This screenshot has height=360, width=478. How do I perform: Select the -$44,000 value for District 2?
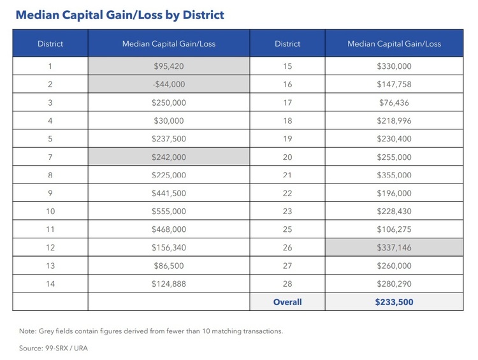[169, 84]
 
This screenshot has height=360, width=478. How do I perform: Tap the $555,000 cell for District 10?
[169, 211]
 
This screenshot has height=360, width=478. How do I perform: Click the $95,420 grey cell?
[169, 66]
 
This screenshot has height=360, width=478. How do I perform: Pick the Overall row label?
[287, 301]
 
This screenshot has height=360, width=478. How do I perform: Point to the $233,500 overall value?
[394, 301]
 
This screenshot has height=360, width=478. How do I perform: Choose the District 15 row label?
[287, 66]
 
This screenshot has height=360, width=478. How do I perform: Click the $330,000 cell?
[394, 66]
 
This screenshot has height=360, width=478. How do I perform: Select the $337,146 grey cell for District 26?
[394, 247]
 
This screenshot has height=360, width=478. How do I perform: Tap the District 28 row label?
[287, 284]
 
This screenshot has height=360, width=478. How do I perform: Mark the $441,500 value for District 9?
[169, 193]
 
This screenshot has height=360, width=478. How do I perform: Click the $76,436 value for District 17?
[394, 102]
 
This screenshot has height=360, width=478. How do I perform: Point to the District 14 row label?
[50, 284]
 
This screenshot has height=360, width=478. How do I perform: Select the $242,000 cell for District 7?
[169, 157]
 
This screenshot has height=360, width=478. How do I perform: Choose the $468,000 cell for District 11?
[169, 229]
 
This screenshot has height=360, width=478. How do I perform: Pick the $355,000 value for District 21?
[394, 175]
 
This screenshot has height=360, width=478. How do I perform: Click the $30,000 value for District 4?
[169, 120]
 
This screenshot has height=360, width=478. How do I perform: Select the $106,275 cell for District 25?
[394, 229]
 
